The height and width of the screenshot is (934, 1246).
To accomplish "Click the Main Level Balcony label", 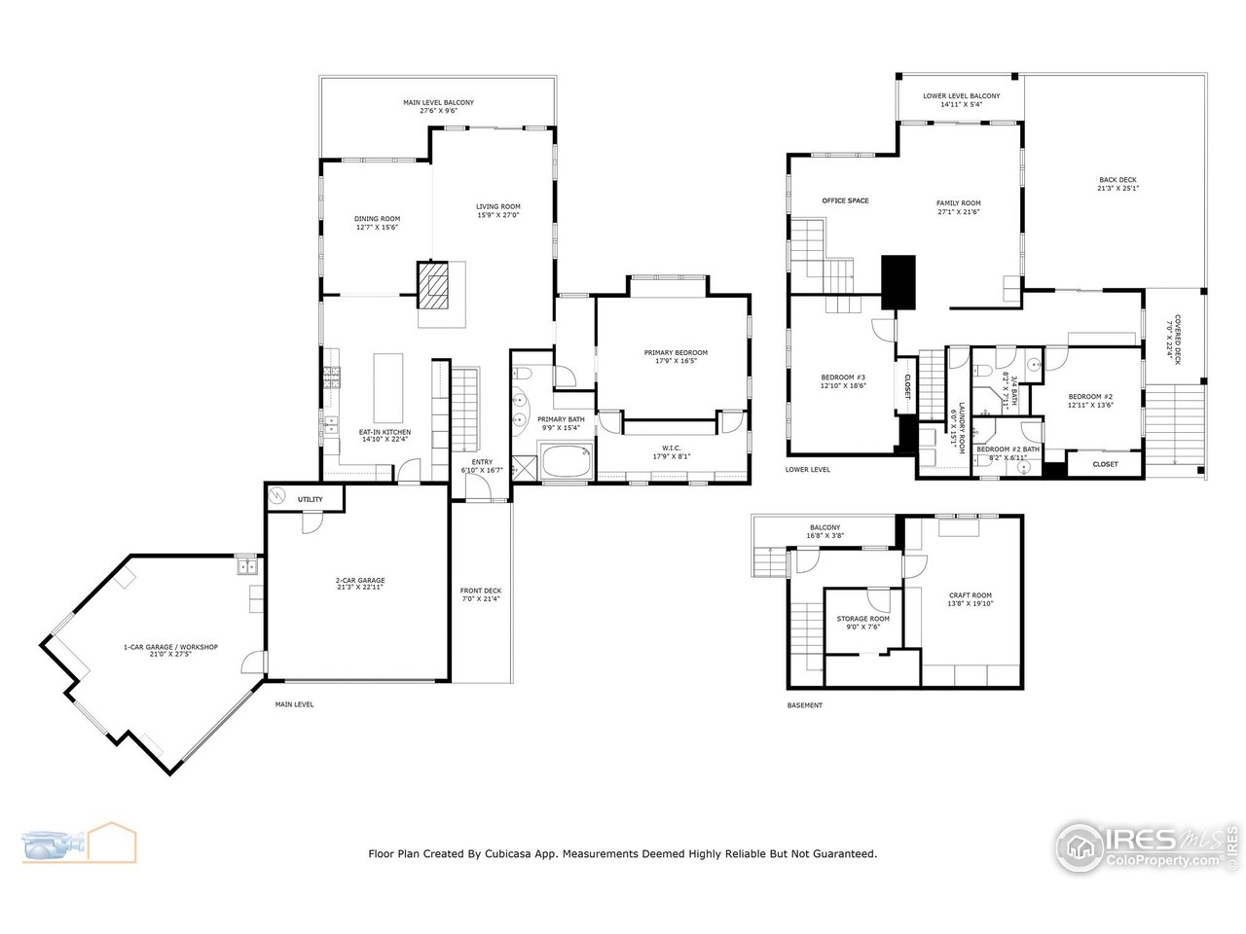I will [x=439, y=106].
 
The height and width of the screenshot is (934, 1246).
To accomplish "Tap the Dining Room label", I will [x=377, y=223].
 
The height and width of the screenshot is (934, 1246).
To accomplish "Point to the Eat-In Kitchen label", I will [x=385, y=436].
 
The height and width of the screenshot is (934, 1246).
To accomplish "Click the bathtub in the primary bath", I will [x=567, y=461].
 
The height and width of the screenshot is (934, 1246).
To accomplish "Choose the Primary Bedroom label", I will [x=675, y=356].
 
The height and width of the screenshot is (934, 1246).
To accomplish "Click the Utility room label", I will [x=310, y=499].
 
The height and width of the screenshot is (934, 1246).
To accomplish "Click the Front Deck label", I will [x=480, y=594].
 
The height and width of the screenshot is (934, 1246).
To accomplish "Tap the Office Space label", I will [x=845, y=200].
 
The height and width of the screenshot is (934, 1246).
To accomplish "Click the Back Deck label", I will [x=1118, y=184].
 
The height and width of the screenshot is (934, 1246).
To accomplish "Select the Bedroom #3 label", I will [x=843, y=380].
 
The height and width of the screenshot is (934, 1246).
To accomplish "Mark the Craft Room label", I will [x=970, y=599].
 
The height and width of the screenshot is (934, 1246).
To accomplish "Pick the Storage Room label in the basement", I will [x=862, y=623].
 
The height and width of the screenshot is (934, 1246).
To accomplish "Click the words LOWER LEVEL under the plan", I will [x=807, y=469].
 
